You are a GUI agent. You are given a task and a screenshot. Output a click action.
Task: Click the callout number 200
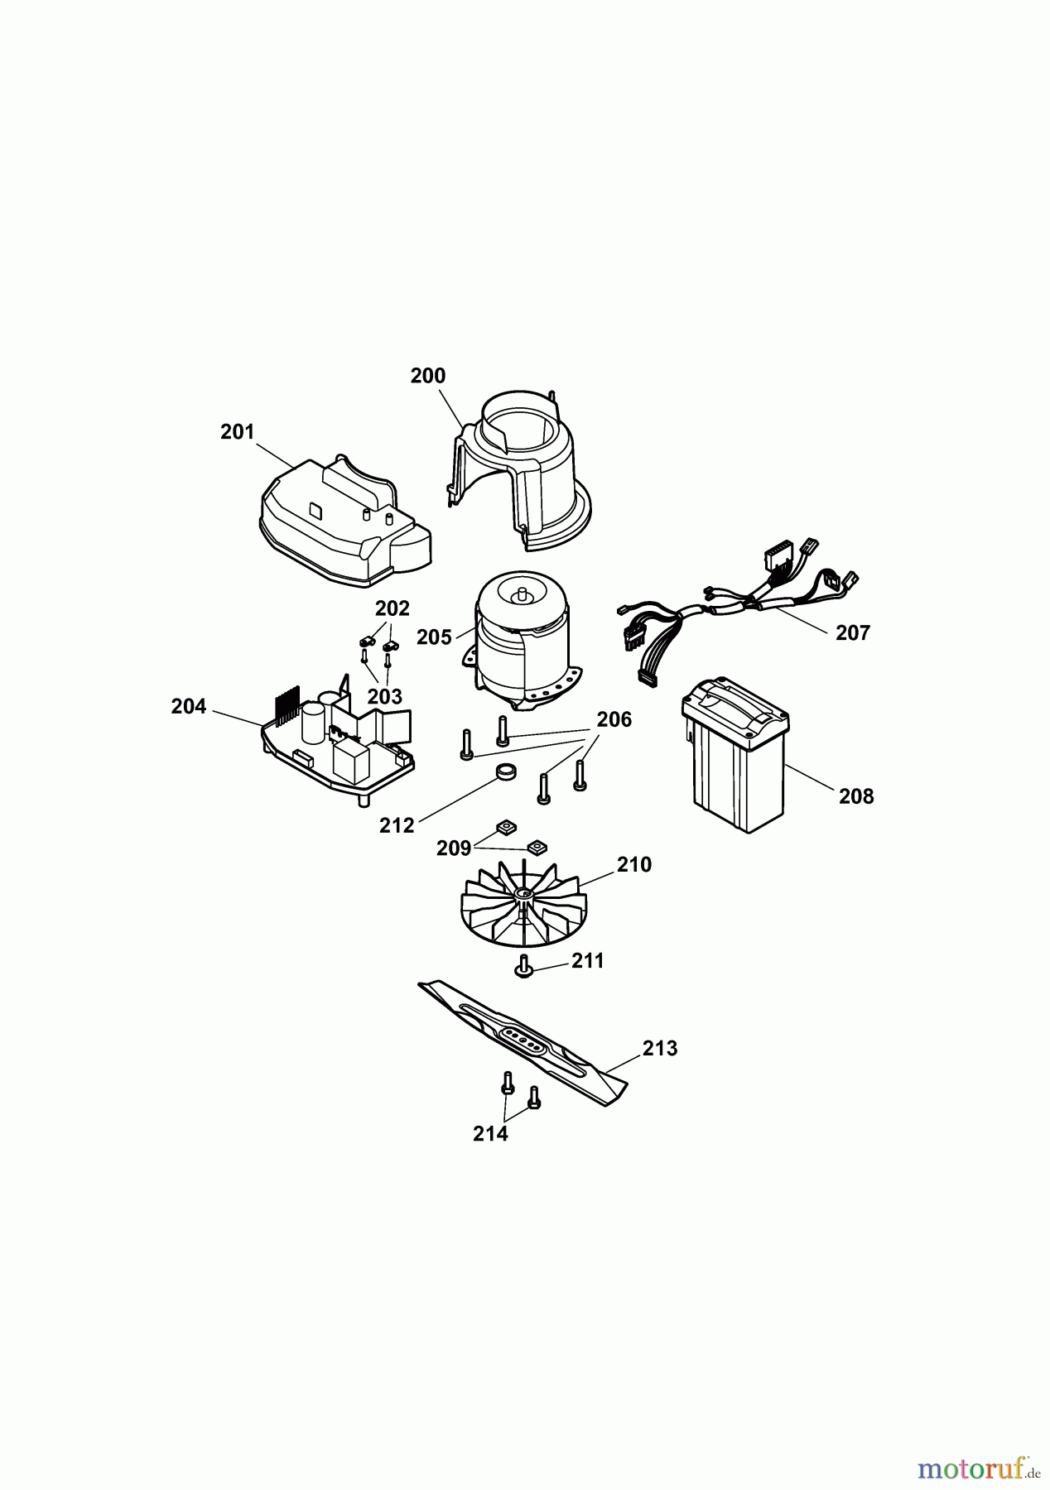(428, 376)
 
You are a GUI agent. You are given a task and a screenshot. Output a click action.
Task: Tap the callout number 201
(238, 432)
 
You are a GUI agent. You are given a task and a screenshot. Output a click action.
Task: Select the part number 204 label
(189, 707)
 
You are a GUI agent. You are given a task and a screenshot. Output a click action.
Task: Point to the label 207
(853, 633)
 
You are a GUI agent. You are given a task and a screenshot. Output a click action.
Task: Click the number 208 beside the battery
(856, 796)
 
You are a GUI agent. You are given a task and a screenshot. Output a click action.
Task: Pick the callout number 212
(397, 825)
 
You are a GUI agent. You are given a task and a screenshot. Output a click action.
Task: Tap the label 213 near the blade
(660, 1049)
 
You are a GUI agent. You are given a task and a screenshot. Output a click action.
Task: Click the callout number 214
(490, 1134)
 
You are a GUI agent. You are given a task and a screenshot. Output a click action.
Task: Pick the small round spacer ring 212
(507, 773)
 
